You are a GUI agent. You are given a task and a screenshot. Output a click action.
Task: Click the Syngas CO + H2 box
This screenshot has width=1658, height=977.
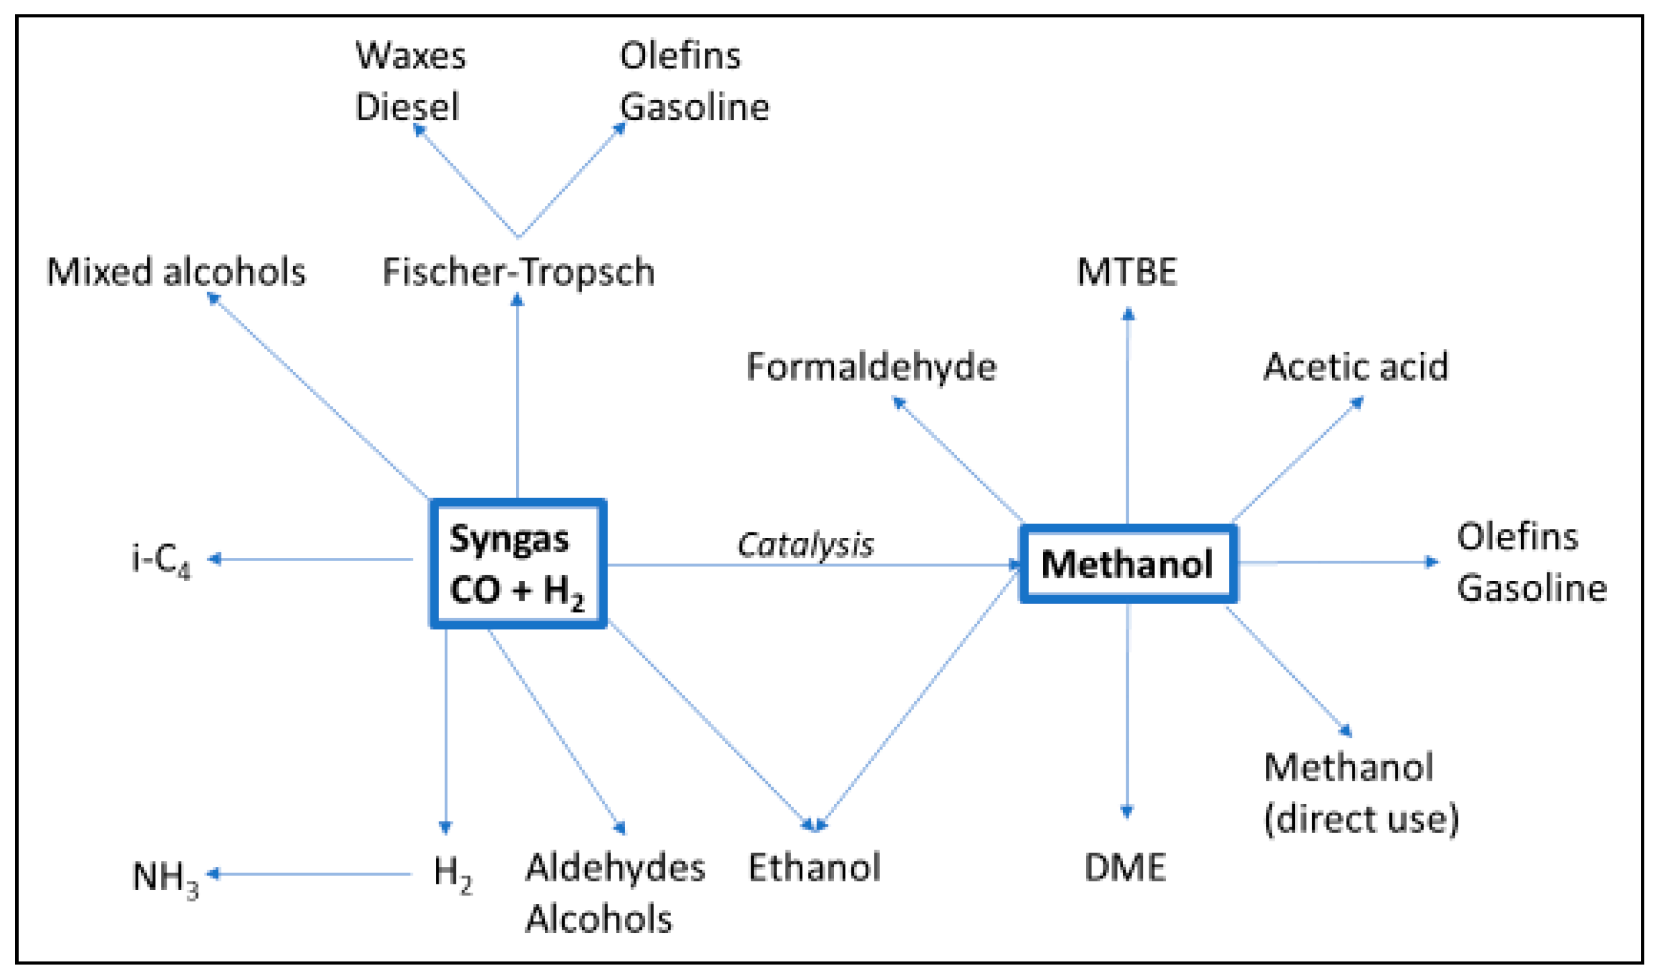(x=517, y=563)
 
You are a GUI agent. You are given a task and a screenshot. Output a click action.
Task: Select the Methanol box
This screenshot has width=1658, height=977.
(x=1128, y=564)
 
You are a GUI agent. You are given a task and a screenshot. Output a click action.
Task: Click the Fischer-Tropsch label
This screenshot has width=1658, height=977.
(x=518, y=272)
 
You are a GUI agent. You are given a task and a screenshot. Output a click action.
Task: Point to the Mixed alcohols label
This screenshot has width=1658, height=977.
(x=176, y=272)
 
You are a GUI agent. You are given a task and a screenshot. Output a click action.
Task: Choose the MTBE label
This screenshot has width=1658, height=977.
(x=1127, y=272)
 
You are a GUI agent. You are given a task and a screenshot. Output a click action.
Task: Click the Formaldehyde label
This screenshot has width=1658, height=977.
(x=871, y=367)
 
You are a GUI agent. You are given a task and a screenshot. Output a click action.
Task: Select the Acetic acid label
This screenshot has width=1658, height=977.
(x=1356, y=367)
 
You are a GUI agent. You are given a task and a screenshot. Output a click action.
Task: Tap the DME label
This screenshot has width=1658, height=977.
(x=1125, y=868)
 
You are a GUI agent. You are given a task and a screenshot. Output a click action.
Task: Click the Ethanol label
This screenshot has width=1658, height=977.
(x=814, y=867)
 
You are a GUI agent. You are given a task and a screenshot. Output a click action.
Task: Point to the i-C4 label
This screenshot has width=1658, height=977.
(x=161, y=560)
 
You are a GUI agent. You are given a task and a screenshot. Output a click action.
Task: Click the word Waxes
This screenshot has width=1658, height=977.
(x=410, y=55)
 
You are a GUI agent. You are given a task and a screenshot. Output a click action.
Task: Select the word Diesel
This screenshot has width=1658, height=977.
(x=407, y=106)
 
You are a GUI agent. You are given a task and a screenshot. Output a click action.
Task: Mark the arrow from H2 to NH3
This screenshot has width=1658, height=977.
(x=309, y=874)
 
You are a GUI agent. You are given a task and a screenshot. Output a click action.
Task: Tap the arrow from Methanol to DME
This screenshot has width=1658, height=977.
(x=1128, y=711)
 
